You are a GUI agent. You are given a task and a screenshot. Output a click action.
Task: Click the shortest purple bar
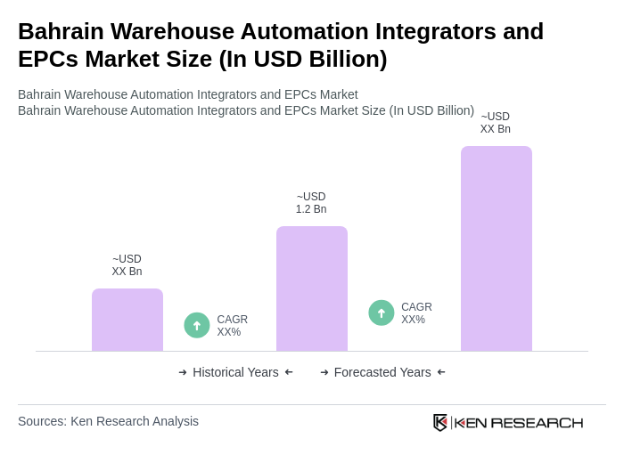coord(127,320)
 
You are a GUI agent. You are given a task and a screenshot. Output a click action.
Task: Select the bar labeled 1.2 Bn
coord(312,288)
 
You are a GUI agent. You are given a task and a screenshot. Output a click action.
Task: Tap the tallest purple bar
coord(497,248)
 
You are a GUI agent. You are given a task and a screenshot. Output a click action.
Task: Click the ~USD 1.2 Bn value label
coord(311,203)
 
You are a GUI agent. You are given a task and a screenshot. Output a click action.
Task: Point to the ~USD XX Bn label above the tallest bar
coord(496,123)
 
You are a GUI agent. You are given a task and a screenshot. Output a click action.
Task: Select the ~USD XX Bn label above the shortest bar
coord(127,265)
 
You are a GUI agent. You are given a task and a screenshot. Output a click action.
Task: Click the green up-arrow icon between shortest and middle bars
coord(197,325)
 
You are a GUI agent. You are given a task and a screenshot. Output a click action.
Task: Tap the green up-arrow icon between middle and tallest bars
coord(382,313)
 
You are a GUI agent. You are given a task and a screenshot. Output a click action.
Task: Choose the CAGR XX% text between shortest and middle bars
coord(232,326)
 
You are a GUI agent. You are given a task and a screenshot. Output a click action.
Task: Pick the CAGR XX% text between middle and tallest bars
coord(416,313)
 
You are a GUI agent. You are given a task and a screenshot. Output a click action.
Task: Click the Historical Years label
coord(235,372)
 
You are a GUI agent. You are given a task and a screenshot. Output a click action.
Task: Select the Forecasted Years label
coord(382,372)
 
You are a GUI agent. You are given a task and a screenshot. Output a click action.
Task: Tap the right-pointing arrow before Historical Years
coord(183,372)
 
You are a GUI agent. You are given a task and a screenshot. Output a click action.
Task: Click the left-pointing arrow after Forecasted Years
coord(441,372)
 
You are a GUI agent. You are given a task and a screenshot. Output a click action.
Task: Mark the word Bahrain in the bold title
coord(62,31)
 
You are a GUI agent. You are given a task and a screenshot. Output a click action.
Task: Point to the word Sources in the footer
coord(41,421)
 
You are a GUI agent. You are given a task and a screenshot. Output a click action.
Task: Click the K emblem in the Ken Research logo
coord(440,422)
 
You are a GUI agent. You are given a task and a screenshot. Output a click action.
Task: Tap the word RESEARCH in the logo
coord(537,422)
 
